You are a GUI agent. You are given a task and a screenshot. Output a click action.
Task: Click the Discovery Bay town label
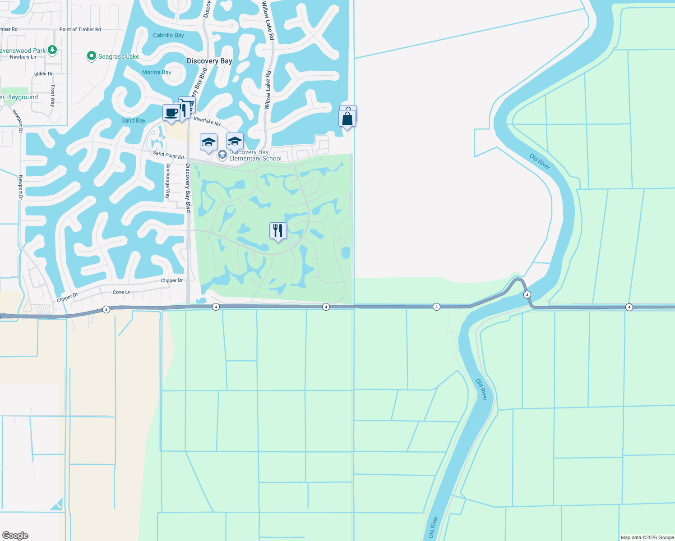209,61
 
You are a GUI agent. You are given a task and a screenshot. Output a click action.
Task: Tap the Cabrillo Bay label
168,35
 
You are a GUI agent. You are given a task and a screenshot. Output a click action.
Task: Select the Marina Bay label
157,72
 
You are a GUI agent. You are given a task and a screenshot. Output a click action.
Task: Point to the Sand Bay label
133,120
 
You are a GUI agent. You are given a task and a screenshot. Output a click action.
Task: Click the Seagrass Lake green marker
92,56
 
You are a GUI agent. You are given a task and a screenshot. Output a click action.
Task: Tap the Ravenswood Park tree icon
52,50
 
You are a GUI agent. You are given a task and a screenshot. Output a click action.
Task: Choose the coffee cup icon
171,112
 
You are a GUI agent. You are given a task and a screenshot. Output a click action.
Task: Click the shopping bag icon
347,118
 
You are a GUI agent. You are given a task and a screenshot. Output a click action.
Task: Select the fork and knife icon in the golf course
278,230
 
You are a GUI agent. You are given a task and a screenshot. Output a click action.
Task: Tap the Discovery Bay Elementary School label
255,156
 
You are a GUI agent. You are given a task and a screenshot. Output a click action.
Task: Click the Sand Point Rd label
168,155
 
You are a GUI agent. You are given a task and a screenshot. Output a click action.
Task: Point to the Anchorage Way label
168,181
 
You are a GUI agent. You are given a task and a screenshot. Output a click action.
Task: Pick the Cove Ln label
121,292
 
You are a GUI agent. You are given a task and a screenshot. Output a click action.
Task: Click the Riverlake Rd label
207,121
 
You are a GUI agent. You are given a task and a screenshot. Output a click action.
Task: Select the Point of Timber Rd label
80,29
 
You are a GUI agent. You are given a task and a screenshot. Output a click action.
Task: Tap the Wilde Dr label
43,73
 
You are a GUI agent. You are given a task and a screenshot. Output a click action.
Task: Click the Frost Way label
53,96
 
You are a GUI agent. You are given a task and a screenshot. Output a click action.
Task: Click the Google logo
15,536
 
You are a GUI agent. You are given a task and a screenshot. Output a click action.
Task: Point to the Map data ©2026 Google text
647,537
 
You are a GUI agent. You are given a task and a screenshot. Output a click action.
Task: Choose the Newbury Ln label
23,57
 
